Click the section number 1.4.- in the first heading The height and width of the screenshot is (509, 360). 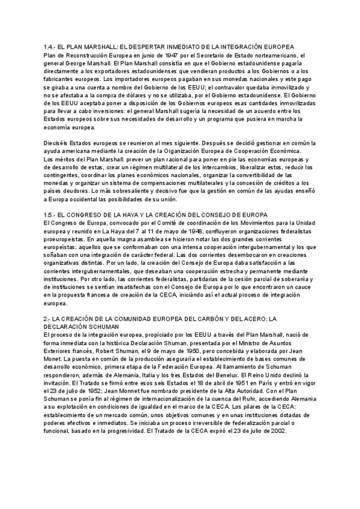tap(50, 47)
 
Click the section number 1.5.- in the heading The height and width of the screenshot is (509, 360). tap(50, 214)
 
